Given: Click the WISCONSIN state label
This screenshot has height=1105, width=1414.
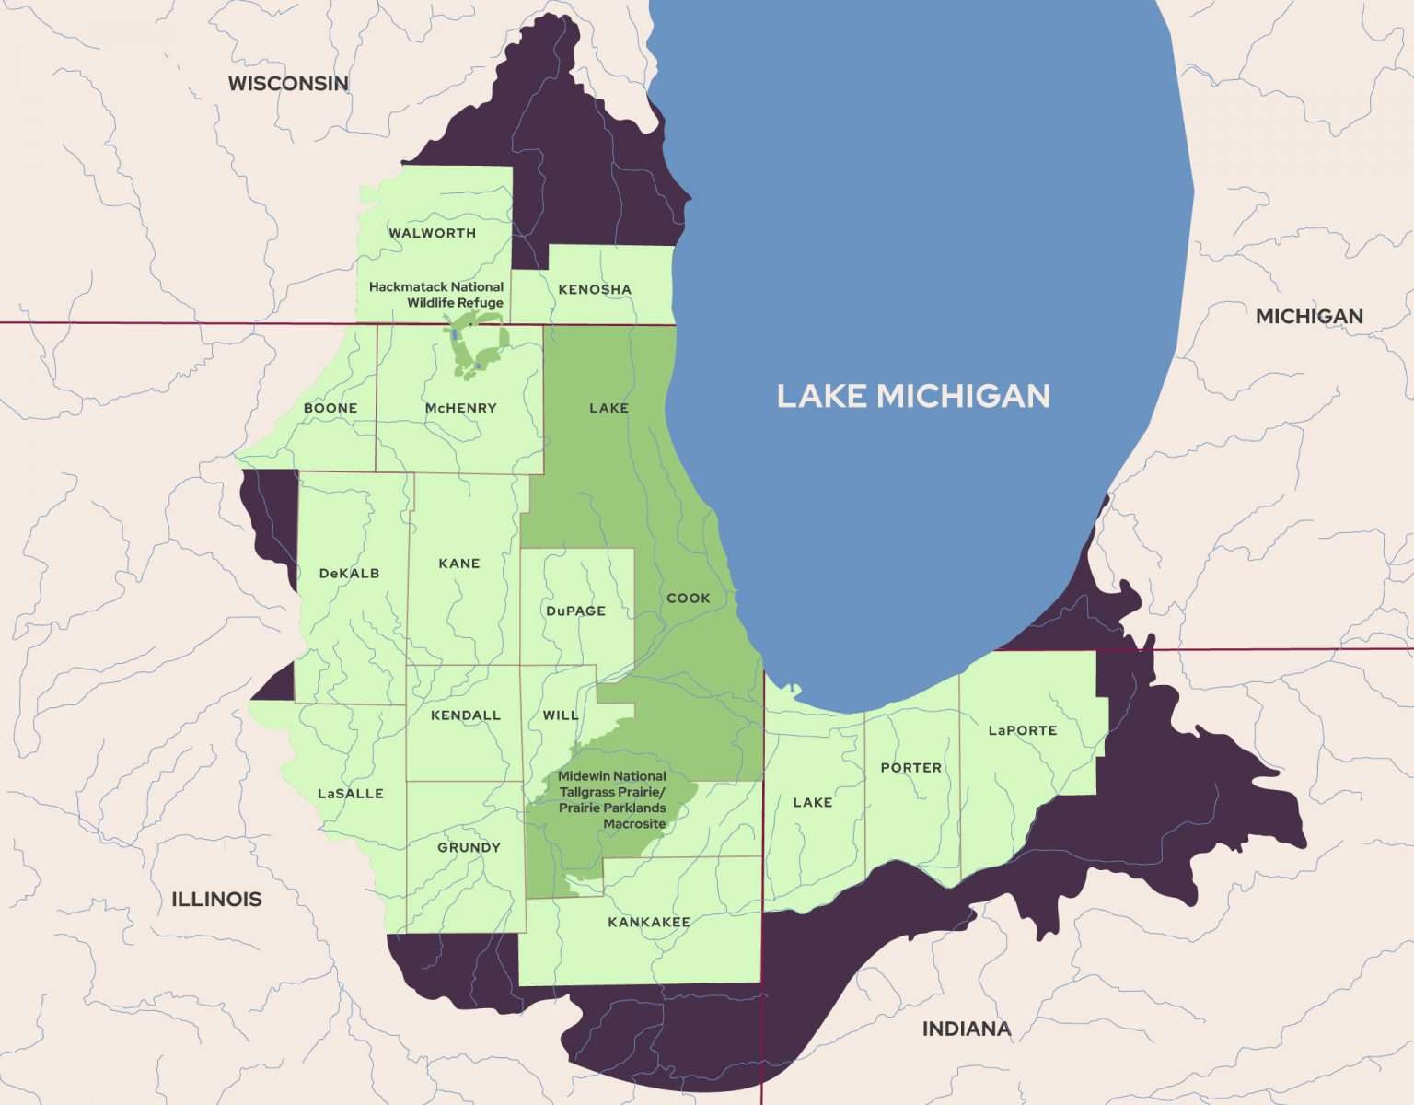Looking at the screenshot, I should coord(288,84).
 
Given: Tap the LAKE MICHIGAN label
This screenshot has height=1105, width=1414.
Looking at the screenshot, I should coord(913,396).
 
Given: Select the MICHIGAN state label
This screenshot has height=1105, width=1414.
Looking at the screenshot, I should coord(1309,317).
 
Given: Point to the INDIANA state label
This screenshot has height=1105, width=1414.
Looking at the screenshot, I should coord(966,1029).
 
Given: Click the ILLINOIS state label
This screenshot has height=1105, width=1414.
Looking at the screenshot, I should coord(216,899).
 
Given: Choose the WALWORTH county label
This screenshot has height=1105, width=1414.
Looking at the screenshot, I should coord(432,233).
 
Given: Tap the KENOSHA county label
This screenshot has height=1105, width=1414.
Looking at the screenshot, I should coord(595,289).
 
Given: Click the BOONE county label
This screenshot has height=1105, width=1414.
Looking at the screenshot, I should coord(330,408).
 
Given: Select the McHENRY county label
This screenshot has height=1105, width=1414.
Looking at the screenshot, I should coord(460,408).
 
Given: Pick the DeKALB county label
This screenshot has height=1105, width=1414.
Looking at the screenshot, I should coord(349,573).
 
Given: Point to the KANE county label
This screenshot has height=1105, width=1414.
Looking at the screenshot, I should coord(459,564).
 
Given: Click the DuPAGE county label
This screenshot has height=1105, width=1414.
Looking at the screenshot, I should coord(575,611).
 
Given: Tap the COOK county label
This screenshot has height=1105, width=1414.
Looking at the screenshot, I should coord(688,598).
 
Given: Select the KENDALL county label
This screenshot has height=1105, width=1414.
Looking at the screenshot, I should coord(466,715).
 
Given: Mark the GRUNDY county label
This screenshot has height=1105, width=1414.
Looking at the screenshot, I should coord(469,847).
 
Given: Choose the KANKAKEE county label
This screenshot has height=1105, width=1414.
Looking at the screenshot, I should coord(648,922).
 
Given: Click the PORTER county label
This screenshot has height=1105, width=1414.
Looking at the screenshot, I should coord(910,767).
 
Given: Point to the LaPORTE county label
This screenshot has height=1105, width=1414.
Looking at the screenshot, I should coord(1022,730).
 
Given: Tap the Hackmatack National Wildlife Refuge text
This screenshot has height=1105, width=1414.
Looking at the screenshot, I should coord(436,295).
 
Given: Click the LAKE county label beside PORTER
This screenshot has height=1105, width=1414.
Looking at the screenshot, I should coord(812,802).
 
